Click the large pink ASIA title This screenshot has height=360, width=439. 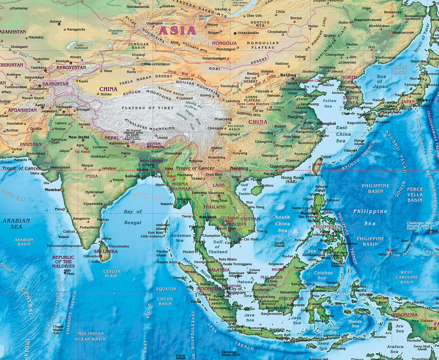[x=177, y=31]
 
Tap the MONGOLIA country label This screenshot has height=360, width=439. [x=224, y=43]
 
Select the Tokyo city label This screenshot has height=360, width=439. [x=426, y=100]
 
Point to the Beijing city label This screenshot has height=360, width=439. [x=288, y=75]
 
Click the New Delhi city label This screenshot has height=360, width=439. [x=79, y=137]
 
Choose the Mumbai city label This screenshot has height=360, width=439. [x=52, y=190]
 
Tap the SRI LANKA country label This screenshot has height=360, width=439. [x=106, y=251]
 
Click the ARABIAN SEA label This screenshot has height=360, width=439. [x=16, y=224]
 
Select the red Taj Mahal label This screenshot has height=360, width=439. [x=82, y=152]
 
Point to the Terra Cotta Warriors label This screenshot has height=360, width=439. [x=253, y=104]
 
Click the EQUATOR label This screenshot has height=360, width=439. [x=166, y=289]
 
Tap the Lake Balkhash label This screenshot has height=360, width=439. [x=80, y=47]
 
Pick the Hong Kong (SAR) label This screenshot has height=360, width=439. [x=292, y=180]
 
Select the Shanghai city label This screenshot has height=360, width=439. [x=326, y=123]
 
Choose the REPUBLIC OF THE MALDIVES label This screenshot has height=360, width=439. [x=63, y=262]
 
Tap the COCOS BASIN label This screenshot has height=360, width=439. [x=165, y=301]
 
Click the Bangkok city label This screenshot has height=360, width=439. [x=208, y=217]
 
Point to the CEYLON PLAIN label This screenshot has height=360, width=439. [x=112, y=274]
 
